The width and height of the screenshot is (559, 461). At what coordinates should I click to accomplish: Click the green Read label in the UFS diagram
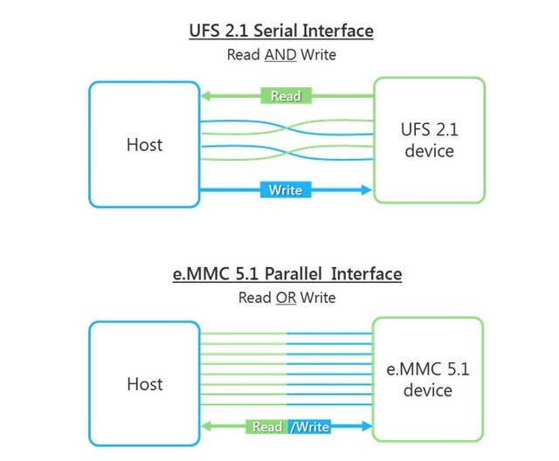pyautogui.click(x=286, y=96)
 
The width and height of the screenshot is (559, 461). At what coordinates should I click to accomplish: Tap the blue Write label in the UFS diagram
pyautogui.click(x=286, y=189)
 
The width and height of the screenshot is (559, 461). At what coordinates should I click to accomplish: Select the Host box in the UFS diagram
pyautogui.click(x=144, y=143)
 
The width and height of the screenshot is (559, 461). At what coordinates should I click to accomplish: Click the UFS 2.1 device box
pyautogui.click(x=428, y=141)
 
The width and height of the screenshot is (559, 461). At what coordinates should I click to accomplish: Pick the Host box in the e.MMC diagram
pyautogui.click(x=144, y=383)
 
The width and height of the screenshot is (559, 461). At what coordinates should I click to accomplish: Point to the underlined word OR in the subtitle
pyautogui.click(x=286, y=298)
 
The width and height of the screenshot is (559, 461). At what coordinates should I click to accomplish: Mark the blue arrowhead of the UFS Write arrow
pyautogui.click(x=363, y=189)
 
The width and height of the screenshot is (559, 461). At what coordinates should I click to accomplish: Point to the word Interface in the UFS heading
pyautogui.click(x=337, y=31)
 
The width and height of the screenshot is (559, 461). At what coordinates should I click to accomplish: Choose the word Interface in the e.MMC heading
pyautogui.click(x=366, y=274)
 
